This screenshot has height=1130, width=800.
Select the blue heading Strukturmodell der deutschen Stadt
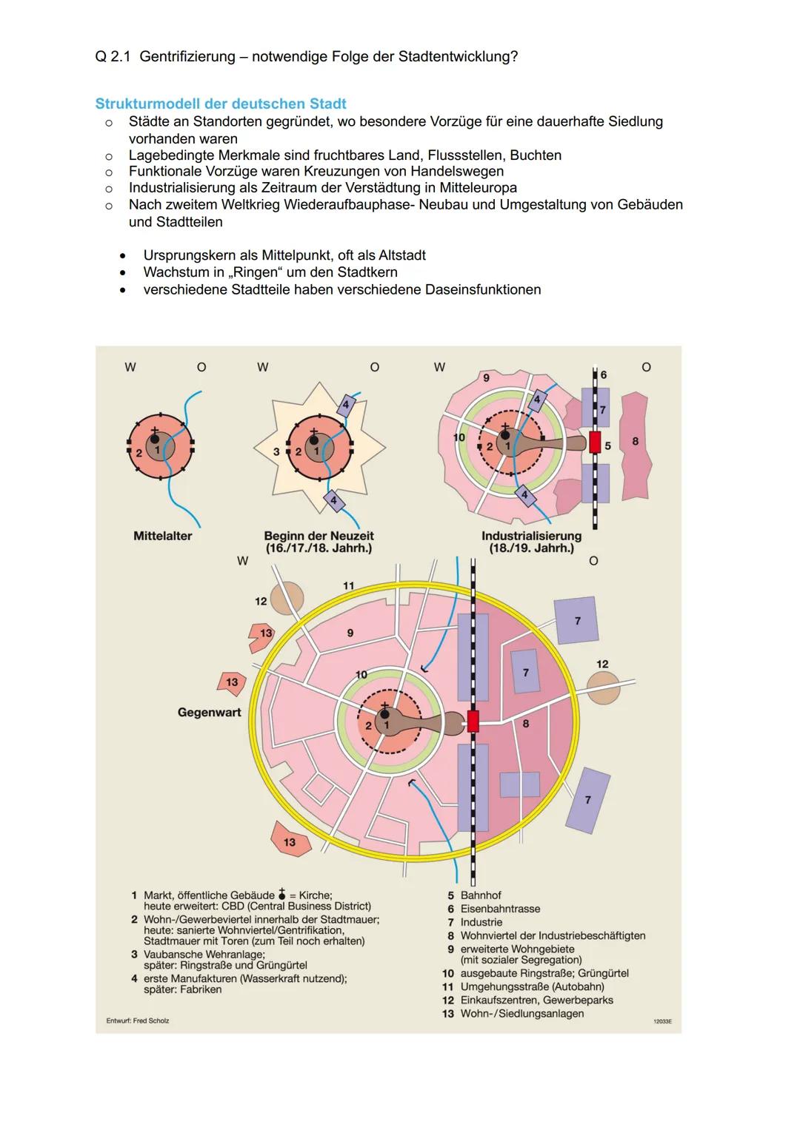221,104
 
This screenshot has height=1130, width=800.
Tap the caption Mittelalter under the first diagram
162,536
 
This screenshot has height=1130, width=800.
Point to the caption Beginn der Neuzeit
319,536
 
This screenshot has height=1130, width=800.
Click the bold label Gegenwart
209,713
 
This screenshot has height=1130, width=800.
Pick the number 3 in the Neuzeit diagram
276,451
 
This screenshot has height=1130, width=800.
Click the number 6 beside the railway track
603,375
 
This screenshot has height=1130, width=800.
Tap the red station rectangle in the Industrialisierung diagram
595,443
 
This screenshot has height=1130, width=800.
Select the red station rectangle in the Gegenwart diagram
473,721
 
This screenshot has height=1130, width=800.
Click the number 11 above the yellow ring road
348,585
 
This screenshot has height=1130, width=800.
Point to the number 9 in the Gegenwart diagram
350,633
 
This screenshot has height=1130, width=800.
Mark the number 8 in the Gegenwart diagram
526,724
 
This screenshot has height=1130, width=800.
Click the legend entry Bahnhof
481,895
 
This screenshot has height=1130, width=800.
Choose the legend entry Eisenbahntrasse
500,909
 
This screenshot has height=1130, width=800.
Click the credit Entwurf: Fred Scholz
138,1020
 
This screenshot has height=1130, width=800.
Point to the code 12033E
661,1021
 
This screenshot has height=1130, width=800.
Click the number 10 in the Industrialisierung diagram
459,437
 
